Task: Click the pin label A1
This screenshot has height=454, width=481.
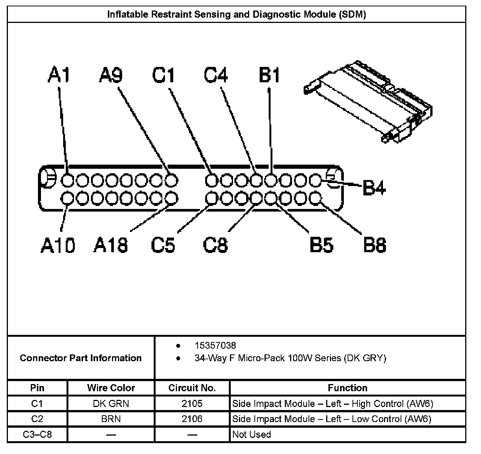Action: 59,75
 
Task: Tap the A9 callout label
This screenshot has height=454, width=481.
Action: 111,75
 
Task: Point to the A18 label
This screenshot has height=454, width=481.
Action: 110,245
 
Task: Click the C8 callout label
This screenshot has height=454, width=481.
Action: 215,245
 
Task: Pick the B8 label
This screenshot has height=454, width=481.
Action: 375,245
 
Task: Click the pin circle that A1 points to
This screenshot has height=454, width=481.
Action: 68,180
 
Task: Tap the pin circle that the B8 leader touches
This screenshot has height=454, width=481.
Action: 315,198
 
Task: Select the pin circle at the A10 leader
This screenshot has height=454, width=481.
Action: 68,198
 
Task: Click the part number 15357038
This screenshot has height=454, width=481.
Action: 215,345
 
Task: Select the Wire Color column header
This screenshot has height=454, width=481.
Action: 111,387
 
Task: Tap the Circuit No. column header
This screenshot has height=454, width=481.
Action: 192,387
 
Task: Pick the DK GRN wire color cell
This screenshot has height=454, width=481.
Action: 111,403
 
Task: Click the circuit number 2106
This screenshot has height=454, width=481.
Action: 192,419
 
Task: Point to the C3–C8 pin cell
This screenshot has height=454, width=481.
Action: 37,434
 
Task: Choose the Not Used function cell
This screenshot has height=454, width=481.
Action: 251,434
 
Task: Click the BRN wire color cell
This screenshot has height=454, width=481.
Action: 111,419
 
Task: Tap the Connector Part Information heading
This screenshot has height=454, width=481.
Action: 81,358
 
